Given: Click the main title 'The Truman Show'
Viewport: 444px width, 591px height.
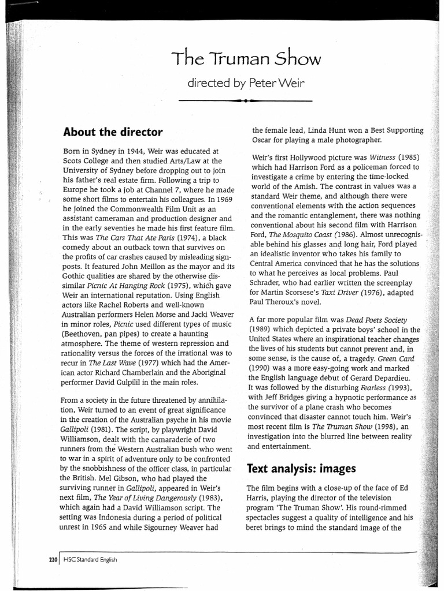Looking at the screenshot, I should point(246,58).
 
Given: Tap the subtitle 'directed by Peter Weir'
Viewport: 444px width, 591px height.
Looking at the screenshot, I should point(246,84).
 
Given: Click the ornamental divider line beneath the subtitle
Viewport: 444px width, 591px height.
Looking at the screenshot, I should point(246,100).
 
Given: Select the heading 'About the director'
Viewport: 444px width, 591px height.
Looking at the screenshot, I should point(113,132).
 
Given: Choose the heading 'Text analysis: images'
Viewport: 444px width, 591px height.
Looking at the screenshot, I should point(301,468).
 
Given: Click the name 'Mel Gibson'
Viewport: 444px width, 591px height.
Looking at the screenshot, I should point(105,478).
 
